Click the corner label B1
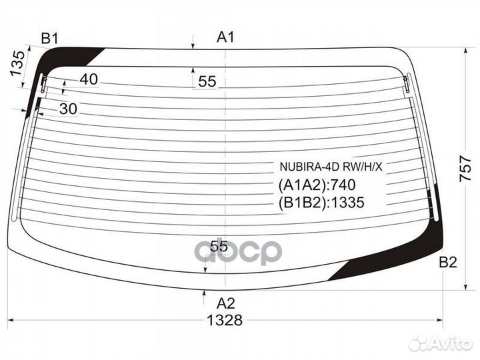[x=49, y=39]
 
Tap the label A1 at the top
[x=225, y=37]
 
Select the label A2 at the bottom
[x=225, y=303]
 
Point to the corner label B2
[x=448, y=263]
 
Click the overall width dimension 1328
[x=225, y=320]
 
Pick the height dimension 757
[x=465, y=169]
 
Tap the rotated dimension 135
[x=17, y=63]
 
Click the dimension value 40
[x=89, y=79]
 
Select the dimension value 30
[x=68, y=109]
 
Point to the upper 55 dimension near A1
[x=207, y=81]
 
